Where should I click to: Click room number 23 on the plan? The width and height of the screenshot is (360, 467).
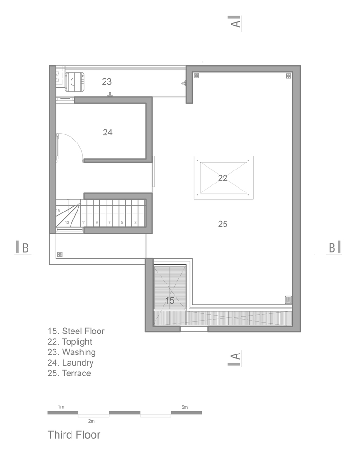pyautogui.click(x=106, y=81)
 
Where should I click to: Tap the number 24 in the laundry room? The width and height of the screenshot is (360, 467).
pyautogui.click(x=107, y=132)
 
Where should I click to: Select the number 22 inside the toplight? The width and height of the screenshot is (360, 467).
pyautogui.click(x=223, y=178)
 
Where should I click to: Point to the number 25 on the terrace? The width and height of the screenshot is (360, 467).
pyautogui.click(x=223, y=224)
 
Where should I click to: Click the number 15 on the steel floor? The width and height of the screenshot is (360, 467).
pyautogui.click(x=169, y=300)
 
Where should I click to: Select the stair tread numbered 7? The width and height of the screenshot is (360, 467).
pyautogui.click(x=110, y=213)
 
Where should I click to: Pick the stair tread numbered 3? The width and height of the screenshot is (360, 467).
pyautogui.click(x=136, y=213)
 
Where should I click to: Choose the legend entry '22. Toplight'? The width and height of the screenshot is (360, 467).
pyautogui.click(x=70, y=342)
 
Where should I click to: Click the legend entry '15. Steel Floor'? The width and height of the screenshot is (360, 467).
pyautogui.click(x=76, y=331)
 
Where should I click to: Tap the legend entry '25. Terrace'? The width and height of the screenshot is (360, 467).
pyautogui.click(x=69, y=373)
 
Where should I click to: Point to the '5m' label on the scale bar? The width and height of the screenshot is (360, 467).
pyautogui.click(x=184, y=407)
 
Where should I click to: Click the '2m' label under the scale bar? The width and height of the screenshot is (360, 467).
pyautogui.click(x=92, y=421)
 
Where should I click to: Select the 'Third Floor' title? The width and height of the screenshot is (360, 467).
pyautogui.click(x=74, y=434)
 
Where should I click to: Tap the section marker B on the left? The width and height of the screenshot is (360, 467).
pyautogui.click(x=23, y=248)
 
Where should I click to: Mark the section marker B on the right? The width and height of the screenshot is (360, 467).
pyautogui.click(x=334, y=248)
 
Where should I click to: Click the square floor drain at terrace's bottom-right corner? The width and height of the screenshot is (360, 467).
pyautogui.click(x=288, y=299)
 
